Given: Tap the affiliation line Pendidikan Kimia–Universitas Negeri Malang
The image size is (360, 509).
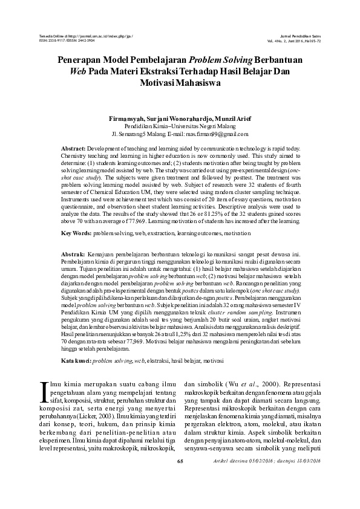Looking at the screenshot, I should [180, 126].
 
